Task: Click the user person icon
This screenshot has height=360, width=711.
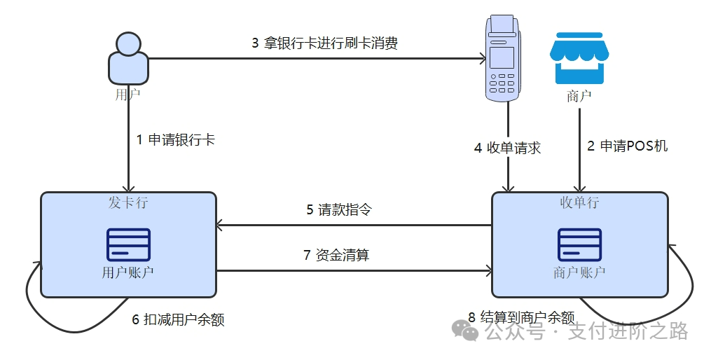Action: (128, 58)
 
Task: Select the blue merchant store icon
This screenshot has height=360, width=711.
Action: (579, 58)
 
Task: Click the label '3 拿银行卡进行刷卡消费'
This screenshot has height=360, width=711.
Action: (325, 43)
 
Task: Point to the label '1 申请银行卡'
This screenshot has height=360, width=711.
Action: (176, 139)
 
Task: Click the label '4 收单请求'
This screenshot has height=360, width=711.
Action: (507, 148)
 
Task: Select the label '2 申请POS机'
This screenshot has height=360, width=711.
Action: (628, 146)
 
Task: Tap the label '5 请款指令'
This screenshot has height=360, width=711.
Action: (338, 210)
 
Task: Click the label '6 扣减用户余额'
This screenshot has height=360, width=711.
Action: (178, 319)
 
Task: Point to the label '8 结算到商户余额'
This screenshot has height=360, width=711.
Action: (521, 317)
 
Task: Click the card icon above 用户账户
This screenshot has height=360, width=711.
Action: (128, 244)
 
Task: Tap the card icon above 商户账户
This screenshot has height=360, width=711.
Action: (579, 244)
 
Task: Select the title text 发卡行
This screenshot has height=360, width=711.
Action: (128, 203)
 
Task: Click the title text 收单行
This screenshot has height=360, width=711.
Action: (579, 203)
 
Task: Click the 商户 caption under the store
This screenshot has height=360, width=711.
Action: (579, 97)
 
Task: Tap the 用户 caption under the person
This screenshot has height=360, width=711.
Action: (127, 94)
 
